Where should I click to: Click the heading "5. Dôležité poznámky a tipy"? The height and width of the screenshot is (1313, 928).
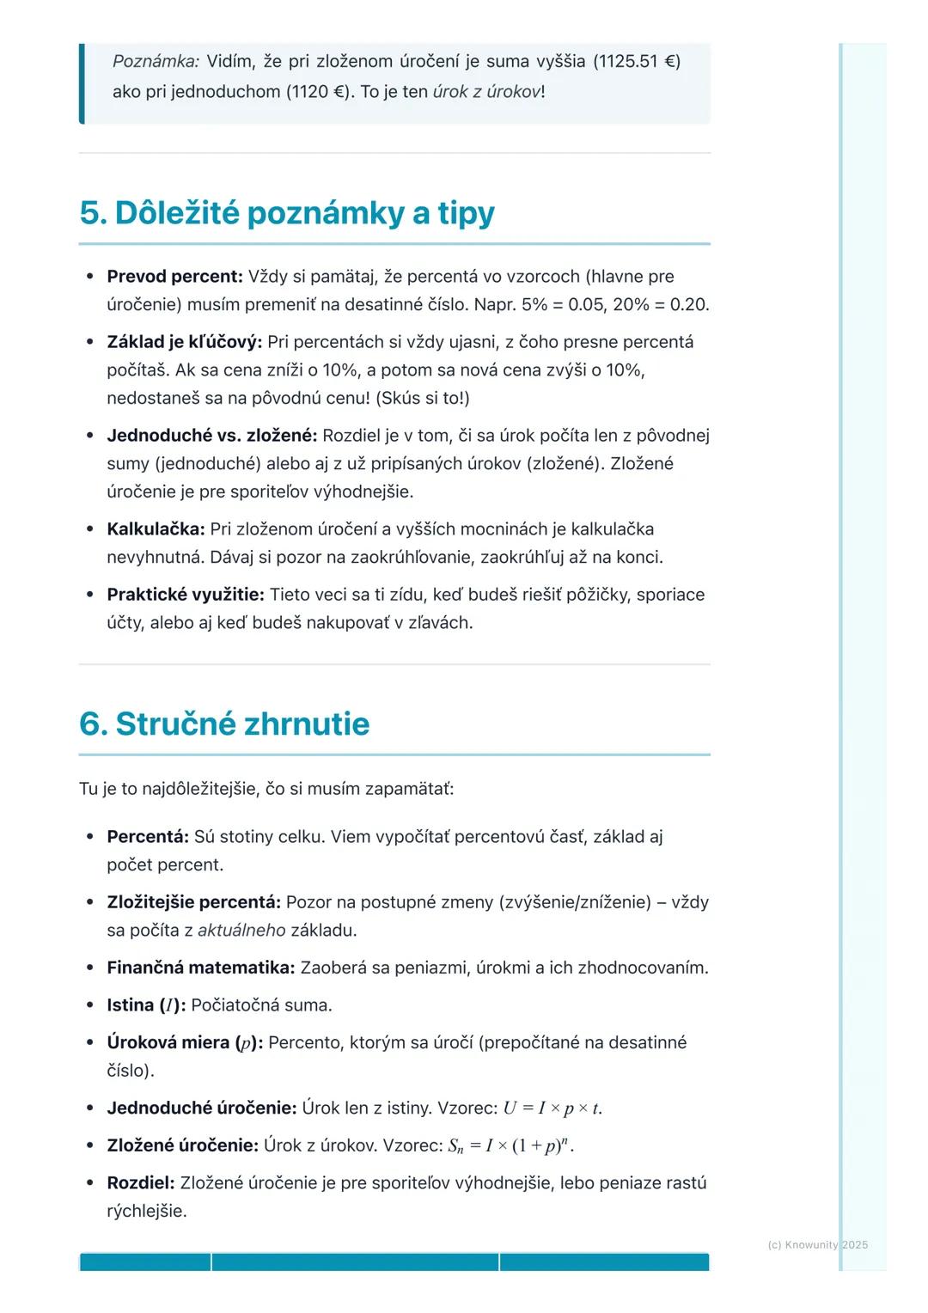pyautogui.click(x=287, y=213)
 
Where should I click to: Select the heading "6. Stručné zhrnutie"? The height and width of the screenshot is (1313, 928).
pyautogui.click(x=224, y=724)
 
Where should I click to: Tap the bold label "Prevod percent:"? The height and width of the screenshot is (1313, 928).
pyautogui.click(x=174, y=277)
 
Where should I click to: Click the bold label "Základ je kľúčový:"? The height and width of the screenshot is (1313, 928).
pyautogui.click(x=184, y=342)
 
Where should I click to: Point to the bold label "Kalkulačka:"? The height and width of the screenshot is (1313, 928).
pyautogui.click(x=156, y=529)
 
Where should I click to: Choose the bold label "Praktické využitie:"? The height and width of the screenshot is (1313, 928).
pyautogui.click(x=185, y=595)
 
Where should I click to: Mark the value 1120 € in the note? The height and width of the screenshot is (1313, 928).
pyautogui.click(x=320, y=92)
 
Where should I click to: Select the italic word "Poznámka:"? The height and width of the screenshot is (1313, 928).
pyautogui.click(x=156, y=61)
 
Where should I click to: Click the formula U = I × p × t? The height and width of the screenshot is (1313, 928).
pyautogui.click(x=553, y=1108)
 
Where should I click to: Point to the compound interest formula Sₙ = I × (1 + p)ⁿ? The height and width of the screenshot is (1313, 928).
pyautogui.click(x=510, y=1146)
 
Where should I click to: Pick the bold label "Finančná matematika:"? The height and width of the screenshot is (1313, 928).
pyautogui.click(x=200, y=968)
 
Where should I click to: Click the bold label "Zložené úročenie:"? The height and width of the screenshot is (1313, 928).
pyautogui.click(x=182, y=1146)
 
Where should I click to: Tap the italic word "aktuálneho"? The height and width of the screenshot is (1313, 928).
pyautogui.click(x=241, y=931)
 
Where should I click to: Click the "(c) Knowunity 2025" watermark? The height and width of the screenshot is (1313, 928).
pyautogui.click(x=817, y=1244)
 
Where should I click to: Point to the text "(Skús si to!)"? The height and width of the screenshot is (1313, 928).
pyautogui.click(x=422, y=399)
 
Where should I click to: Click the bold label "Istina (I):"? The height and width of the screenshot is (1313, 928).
pyautogui.click(x=146, y=1005)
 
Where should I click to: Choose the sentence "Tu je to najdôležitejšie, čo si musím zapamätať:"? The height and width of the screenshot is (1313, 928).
pyautogui.click(x=266, y=789)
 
